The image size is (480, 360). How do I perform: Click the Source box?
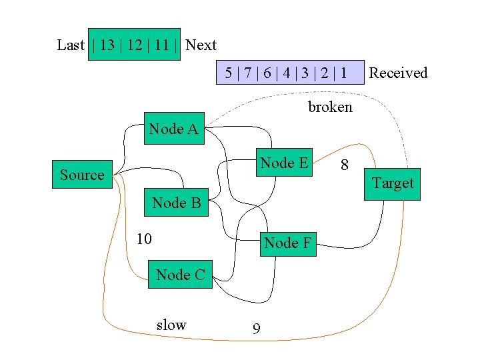[x=83, y=175]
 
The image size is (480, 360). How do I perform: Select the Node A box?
[x=173, y=129]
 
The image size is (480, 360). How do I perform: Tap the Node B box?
[x=176, y=203]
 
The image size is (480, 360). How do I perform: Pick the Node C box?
[x=180, y=274]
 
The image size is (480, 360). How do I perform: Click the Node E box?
[x=284, y=163]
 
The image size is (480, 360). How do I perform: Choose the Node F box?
[x=287, y=243]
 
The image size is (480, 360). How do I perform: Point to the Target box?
[x=392, y=183]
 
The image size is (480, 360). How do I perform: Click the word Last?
[x=71, y=45]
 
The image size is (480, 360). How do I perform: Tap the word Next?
[x=201, y=45]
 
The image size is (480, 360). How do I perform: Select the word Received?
[x=398, y=73]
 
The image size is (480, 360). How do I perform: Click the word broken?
[x=330, y=107]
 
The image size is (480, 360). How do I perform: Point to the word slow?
[x=171, y=325]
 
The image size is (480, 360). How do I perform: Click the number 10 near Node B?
[x=144, y=239]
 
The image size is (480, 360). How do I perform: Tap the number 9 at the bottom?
[x=256, y=329]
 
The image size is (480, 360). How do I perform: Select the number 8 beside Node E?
[x=345, y=165]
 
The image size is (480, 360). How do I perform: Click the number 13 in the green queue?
[x=107, y=45]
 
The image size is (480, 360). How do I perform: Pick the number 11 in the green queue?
[x=161, y=45]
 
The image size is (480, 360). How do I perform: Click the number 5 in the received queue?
[x=229, y=73]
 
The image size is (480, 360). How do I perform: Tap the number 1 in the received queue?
[x=343, y=73]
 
